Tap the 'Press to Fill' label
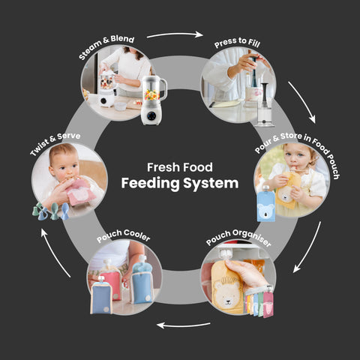pyautogui.click(x=237, y=43)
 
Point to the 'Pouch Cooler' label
pyautogui.click(x=124, y=235)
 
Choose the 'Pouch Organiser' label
pyautogui.click(x=238, y=237)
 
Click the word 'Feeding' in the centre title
pyautogui.click(x=150, y=184)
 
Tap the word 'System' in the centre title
pyautogui.click(x=211, y=184)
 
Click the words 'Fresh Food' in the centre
pyautogui.click(x=180, y=167)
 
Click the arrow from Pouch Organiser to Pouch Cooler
pyautogui.click(x=183, y=325)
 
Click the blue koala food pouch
pyautogui.click(x=266, y=205)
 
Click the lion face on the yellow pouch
pyautogui.click(x=227, y=292)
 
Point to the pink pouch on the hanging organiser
pyautogui.click(x=268, y=304)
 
